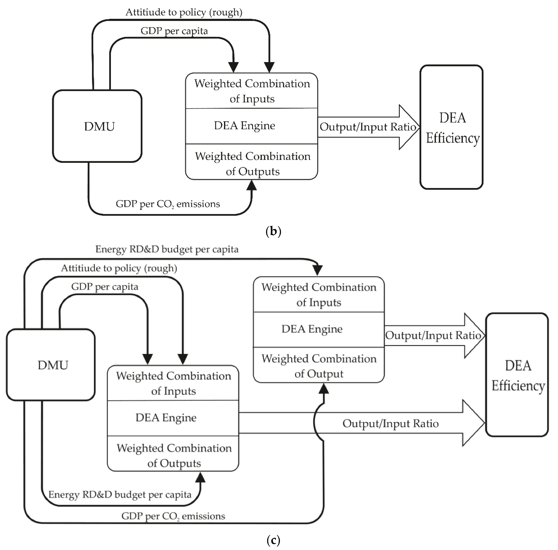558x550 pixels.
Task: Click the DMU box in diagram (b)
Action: [97, 126]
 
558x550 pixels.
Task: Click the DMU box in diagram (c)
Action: [51, 365]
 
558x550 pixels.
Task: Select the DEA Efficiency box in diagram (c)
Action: [517, 375]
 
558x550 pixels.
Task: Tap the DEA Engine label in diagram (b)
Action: [244, 126]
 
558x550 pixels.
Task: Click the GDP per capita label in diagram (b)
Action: [174, 31]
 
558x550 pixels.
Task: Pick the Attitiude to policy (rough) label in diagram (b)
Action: [184, 12]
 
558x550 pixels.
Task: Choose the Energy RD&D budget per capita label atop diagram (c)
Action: [167, 249]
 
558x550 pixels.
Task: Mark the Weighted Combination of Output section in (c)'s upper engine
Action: [319, 366]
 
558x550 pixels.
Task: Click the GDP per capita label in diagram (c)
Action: [105, 287]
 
